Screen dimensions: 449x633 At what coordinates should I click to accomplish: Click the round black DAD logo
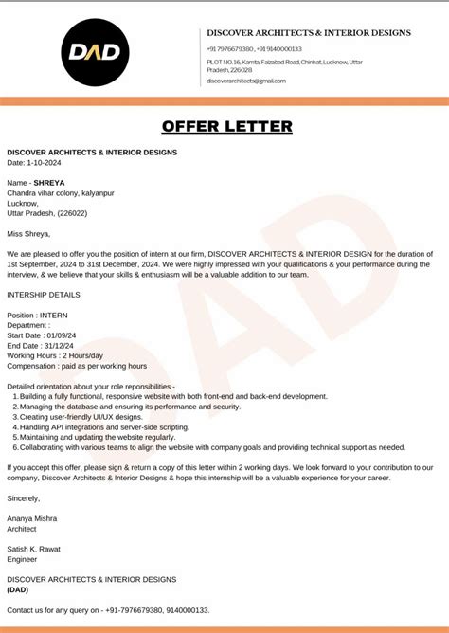pos(97,52)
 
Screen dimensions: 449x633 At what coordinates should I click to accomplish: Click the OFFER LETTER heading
pos(227,127)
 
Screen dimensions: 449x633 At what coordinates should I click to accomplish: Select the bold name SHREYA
pos(49,181)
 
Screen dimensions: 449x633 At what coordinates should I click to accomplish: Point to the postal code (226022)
pos(69,213)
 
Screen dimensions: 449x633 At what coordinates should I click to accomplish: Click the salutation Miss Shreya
pos(28,233)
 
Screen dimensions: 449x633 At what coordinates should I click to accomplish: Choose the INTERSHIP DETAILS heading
pos(44,295)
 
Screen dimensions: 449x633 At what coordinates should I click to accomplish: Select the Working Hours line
pos(55,355)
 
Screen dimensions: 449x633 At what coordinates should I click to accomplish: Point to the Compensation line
pos(77,366)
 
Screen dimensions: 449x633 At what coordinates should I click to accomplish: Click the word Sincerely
pos(24,497)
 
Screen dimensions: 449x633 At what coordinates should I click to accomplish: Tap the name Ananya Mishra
pos(32,518)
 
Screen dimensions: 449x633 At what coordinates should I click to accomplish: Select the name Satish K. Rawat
pos(34,549)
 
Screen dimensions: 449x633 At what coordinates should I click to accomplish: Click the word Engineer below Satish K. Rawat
pos(23,559)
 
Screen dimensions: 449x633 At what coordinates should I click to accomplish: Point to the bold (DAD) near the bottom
pos(18,589)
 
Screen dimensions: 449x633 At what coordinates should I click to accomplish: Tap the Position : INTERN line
pos(38,315)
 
